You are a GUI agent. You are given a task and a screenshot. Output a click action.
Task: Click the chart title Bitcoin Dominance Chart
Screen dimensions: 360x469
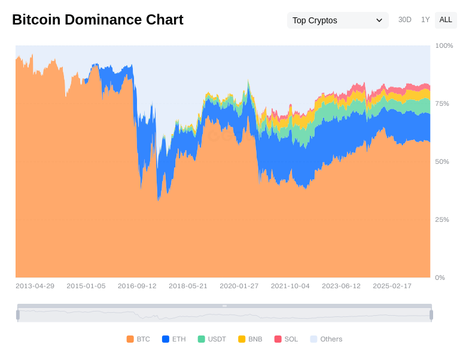tap(98, 20)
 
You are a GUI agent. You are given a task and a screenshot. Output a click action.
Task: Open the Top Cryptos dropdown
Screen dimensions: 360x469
tap(337, 20)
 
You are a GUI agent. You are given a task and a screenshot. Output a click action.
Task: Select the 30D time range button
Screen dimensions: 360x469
tap(405, 20)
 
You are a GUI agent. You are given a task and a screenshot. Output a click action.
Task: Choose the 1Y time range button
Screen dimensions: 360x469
tap(425, 20)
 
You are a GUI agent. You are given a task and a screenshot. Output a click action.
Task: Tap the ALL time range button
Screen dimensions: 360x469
tap(446, 20)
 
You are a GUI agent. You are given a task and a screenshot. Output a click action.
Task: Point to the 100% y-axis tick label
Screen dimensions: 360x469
tap(444, 45)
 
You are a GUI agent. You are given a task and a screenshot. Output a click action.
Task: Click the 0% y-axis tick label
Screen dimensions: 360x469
tap(440, 277)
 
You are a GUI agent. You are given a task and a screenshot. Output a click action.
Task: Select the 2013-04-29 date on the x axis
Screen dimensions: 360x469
tap(35, 286)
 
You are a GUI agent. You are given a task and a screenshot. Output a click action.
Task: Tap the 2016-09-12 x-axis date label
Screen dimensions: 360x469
tap(137, 286)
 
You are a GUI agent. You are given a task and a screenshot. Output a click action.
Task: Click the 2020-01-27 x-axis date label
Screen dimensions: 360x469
tap(239, 286)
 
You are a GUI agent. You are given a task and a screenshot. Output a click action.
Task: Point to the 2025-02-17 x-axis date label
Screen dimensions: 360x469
tap(392, 286)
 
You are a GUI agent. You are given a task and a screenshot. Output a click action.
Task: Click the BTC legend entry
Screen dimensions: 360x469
tap(138, 339)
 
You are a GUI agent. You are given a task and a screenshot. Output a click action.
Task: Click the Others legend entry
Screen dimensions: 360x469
tap(326, 339)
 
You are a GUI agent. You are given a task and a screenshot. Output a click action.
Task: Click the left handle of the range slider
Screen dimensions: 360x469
tap(18, 315)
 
